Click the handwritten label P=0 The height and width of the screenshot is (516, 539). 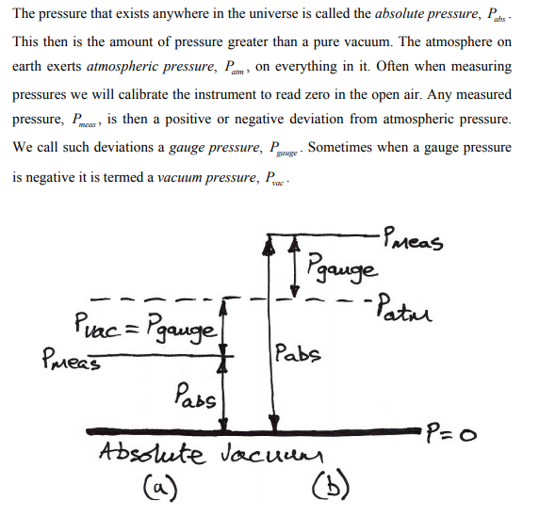[451, 434]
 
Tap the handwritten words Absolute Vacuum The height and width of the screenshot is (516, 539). [210, 454]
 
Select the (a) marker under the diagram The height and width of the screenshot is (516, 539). [160, 487]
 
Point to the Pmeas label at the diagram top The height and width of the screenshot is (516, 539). [413, 238]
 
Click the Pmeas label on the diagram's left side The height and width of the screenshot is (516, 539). [72, 359]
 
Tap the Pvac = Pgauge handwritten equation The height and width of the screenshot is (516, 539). [146, 328]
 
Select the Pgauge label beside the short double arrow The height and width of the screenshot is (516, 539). [342, 268]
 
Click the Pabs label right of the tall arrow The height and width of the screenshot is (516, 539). [298, 353]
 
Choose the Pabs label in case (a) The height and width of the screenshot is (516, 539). [195, 395]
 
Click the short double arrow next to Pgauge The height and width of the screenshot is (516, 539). [294, 266]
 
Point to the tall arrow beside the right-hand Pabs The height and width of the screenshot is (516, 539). [271, 332]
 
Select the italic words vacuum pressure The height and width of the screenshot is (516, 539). [207, 178]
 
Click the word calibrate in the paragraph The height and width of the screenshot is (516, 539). [141, 94]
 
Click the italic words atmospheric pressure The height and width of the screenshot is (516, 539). [152, 67]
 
